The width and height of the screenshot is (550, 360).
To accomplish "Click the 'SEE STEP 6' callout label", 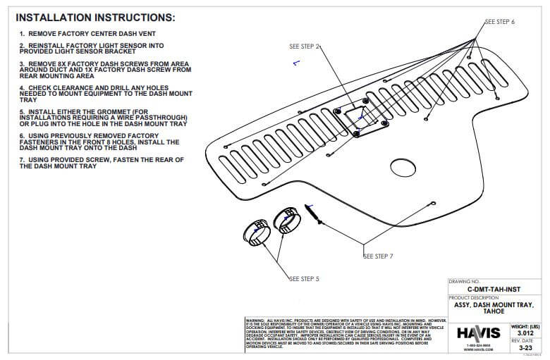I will coord(500,22).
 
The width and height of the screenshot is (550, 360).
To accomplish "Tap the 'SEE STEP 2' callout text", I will coord(305,46).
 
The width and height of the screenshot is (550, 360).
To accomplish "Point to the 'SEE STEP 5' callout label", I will coord(304,279).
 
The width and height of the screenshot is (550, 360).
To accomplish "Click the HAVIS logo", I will coord(477,332).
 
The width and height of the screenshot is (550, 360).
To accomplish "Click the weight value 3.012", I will coord(525,333).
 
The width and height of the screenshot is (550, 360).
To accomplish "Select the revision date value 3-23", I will coord(525,347).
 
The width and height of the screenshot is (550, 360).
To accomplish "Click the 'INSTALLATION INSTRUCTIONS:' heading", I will coord(95,17).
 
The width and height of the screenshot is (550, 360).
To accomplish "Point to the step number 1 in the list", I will coord(22,34).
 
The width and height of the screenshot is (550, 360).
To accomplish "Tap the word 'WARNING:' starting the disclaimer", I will coord(255,319).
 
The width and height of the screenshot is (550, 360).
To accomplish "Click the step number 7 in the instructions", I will coord(22,160).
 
